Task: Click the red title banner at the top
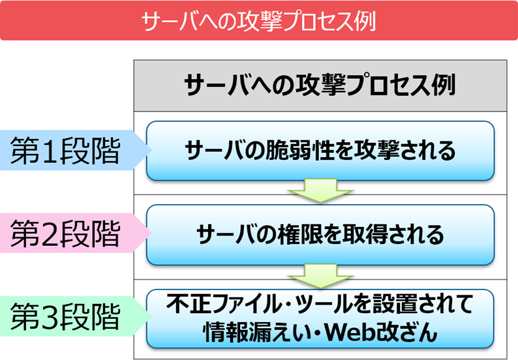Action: click(x=259, y=20)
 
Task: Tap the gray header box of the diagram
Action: click(x=320, y=85)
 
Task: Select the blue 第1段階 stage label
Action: click(x=74, y=150)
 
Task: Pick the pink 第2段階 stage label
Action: click(x=74, y=233)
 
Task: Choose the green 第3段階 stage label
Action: click(x=74, y=316)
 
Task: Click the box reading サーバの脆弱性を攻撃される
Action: click(x=320, y=151)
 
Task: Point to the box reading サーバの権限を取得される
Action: click(x=320, y=235)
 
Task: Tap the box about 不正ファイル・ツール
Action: click(x=320, y=319)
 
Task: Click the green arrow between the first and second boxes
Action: click(x=320, y=191)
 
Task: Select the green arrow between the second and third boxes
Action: click(x=320, y=276)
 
